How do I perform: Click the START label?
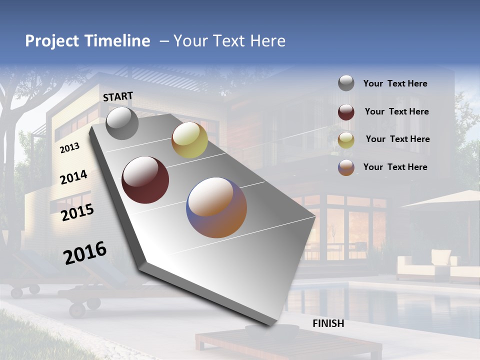point(118,96)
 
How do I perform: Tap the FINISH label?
point(328,323)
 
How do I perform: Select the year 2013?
point(69,147)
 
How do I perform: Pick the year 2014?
point(74,177)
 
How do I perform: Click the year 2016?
point(85,252)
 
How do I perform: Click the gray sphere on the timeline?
point(122,123)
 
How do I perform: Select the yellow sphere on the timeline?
point(189,139)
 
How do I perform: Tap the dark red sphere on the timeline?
point(145,179)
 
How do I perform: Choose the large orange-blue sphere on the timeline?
point(216,207)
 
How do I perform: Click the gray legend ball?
point(346,83)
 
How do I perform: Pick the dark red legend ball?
point(346,111)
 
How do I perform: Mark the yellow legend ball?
point(346,139)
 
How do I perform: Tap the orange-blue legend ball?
point(346,167)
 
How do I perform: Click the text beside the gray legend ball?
point(395,83)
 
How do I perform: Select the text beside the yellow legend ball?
point(397,139)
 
